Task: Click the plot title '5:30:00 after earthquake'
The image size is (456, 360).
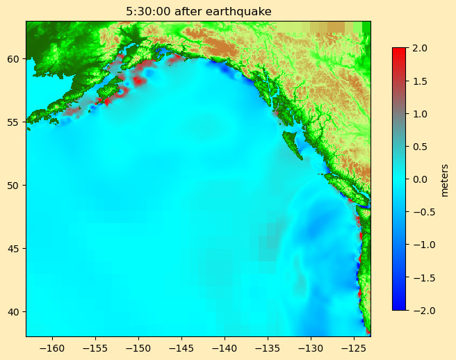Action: click(198, 11)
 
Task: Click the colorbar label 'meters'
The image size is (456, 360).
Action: click(445, 179)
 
